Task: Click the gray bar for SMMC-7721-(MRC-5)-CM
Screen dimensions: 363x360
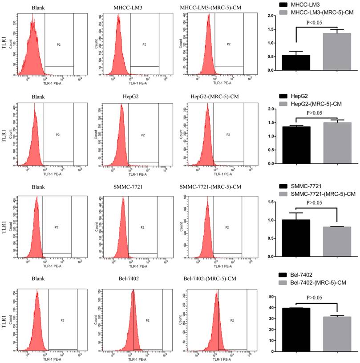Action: pos(337,242)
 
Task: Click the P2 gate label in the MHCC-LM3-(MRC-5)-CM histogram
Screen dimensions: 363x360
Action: pos(228,44)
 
